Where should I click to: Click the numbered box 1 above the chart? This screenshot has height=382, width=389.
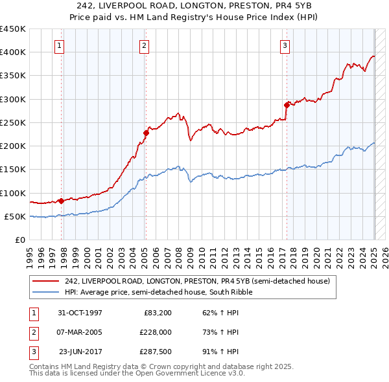pyautogui.click(x=59, y=45)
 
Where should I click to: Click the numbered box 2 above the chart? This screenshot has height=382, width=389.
pyautogui.click(x=143, y=45)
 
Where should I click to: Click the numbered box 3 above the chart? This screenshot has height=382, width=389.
pyautogui.click(x=285, y=45)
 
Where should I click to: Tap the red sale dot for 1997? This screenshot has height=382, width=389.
pyautogui.click(x=61, y=201)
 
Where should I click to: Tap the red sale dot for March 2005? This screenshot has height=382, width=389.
pyautogui.click(x=146, y=133)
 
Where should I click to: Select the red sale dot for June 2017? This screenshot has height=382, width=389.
pyautogui.click(x=287, y=105)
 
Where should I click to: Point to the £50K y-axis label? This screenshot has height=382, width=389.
pyautogui.click(x=15, y=216)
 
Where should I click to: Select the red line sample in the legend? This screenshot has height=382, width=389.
pyautogui.click(x=46, y=281)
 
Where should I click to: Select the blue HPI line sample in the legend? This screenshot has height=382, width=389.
pyautogui.click(x=46, y=292)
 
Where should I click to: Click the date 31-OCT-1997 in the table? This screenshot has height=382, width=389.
pyautogui.click(x=80, y=313)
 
